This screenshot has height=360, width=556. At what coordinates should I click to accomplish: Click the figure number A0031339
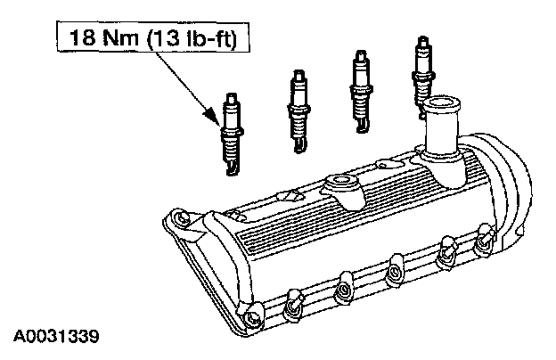tap(56, 336)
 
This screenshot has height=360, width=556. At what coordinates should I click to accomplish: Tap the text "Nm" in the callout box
tap(120, 37)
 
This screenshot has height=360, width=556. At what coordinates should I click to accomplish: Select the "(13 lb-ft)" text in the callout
tap(192, 37)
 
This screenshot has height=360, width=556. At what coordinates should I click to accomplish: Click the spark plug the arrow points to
tap(232, 134)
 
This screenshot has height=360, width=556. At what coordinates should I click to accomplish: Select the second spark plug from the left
tap(298, 111)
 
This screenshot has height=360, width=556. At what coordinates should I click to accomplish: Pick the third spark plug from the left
tap(361, 91)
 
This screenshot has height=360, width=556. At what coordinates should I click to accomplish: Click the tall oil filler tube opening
tap(441, 103)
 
